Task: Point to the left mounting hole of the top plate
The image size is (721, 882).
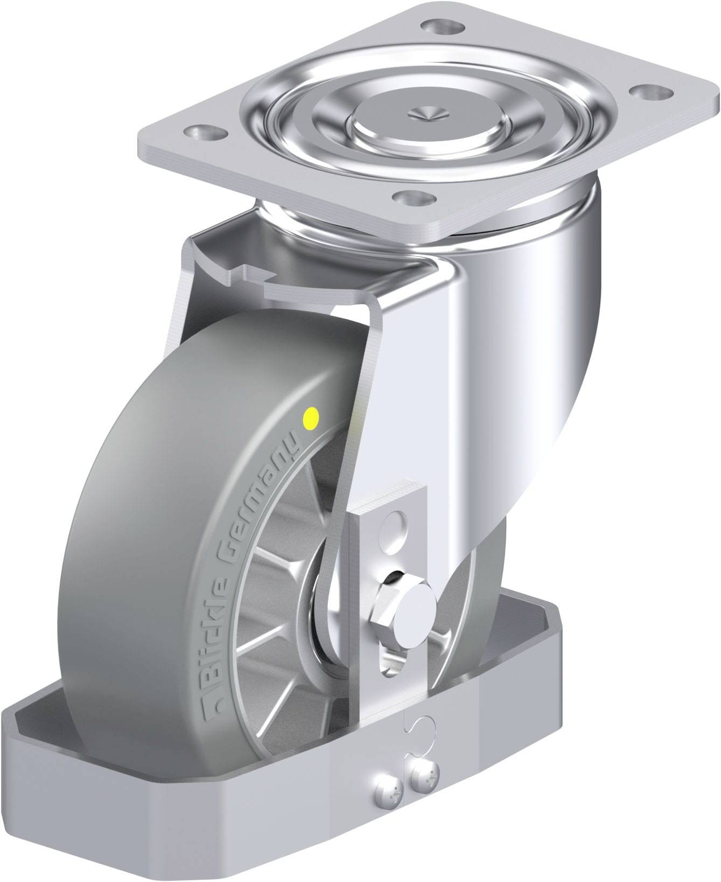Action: point(203,131)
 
